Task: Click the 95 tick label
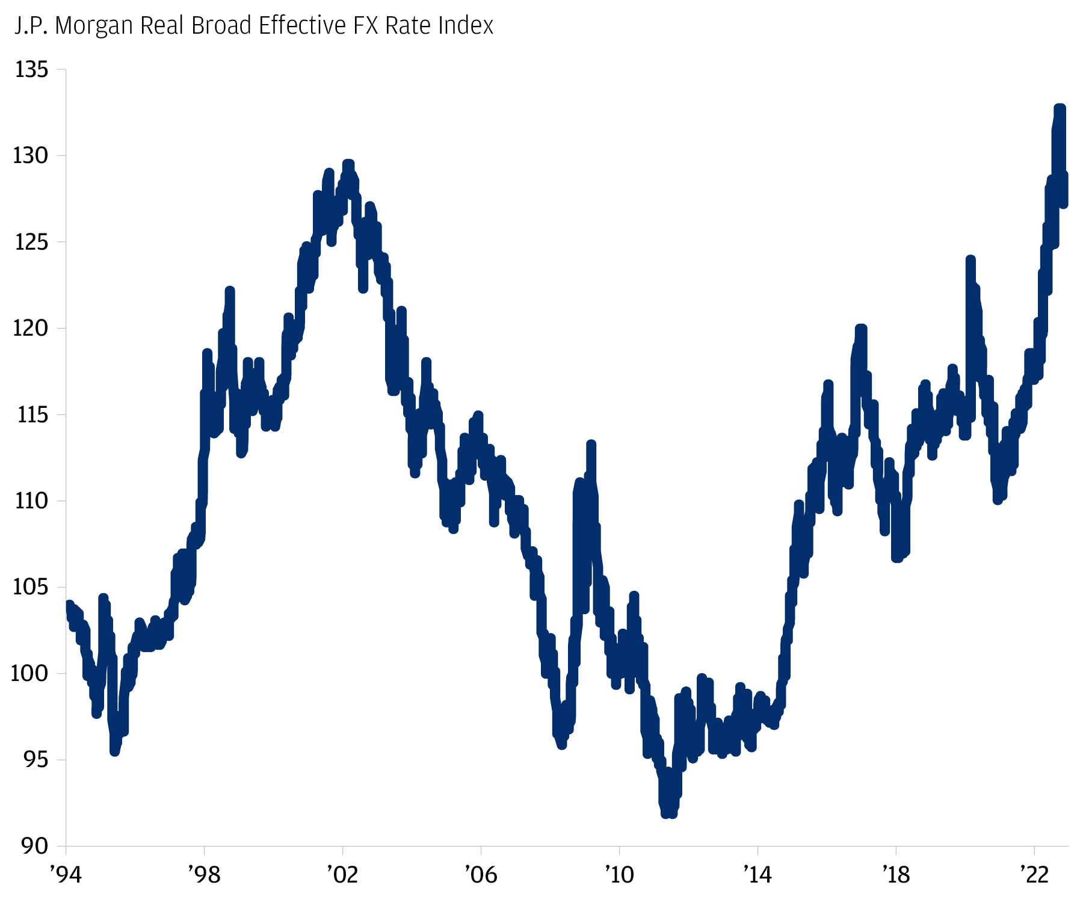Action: click(35, 760)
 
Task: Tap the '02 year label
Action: click(342, 874)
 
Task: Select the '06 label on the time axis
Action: click(481, 874)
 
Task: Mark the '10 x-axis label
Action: click(619, 874)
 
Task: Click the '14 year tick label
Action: click(757, 874)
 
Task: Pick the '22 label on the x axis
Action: click(1034, 874)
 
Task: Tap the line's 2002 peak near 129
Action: click(348, 164)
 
